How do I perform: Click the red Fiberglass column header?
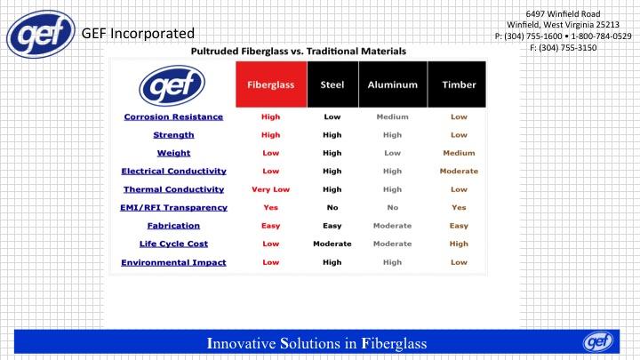[271, 84]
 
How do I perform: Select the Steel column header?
[332, 84]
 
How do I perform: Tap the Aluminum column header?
[393, 84]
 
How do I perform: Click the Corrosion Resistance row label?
[173, 116]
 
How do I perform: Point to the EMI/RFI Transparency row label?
[173, 207]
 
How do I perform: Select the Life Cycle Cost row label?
[173, 244]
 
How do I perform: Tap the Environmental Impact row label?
[173, 262]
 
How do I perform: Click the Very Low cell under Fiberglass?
[270, 189]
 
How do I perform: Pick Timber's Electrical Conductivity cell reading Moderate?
[459, 171]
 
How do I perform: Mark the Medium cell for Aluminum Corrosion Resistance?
[392, 116]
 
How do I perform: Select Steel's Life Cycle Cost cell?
[332, 244]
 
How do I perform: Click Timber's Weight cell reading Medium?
[459, 153]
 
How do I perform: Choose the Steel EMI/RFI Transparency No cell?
[332, 207]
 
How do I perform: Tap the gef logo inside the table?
[172, 85]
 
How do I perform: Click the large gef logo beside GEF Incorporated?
[41, 35]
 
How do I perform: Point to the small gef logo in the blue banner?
[598, 341]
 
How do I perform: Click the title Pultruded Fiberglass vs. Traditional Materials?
[299, 51]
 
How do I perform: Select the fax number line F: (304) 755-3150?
[563, 48]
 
